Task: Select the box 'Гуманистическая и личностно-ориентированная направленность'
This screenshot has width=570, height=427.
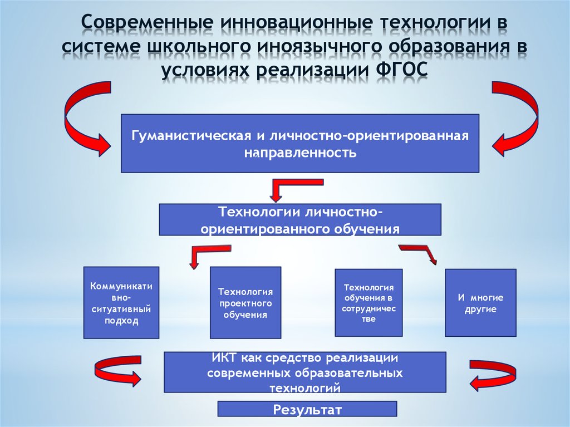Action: [x=300, y=143]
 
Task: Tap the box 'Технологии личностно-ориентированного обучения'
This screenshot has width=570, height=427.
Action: [x=300, y=219]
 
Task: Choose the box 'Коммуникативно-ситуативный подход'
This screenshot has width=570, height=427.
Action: [x=121, y=303]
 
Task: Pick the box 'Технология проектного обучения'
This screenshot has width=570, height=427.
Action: [x=245, y=303]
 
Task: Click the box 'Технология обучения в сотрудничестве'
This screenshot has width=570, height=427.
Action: [x=368, y=303]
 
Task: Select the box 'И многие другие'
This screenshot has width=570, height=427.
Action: [x=480, y=303]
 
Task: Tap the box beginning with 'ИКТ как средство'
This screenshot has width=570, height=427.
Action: [x=304, y=372]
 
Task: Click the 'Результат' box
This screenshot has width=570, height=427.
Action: [x=307, y=410]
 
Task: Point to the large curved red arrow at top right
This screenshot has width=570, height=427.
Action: [x=517, y=118]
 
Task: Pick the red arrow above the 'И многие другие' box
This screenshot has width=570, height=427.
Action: [x=421, y=253]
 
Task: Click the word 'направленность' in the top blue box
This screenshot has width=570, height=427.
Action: [x=300, y=152]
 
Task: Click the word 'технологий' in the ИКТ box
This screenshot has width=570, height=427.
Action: [x=304, y=386]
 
